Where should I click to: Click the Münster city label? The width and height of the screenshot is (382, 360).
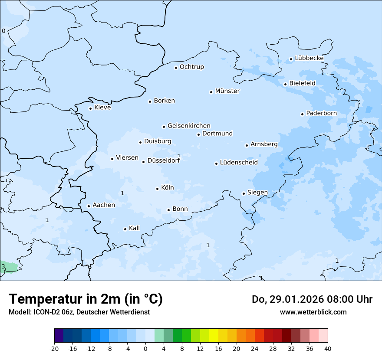click(227, 91)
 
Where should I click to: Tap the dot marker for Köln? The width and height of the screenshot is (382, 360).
click(157, 189)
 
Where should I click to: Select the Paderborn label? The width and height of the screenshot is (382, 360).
click(321, 113)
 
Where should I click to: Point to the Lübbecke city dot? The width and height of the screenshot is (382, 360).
click(291, 59)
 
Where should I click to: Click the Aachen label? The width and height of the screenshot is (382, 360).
click(104, 205)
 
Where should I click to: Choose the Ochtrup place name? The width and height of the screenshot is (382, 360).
click(191, 67)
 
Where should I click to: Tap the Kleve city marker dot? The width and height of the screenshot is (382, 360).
click(90, 108)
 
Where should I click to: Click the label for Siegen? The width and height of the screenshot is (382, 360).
click(257, 193)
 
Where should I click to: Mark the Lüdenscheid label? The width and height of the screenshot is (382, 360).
click(239, 163)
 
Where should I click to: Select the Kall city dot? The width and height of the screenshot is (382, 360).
click(125, 229)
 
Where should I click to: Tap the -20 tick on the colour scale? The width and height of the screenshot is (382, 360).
click(54, 348)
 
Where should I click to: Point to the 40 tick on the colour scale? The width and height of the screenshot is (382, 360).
click(328, 348)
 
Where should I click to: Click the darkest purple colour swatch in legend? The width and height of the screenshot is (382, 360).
click(59, 335)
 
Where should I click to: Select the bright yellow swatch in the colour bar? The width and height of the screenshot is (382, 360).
click(214, 335)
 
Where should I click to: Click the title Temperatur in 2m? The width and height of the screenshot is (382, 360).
click(86, 299)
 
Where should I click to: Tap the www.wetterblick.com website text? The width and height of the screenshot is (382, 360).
click(313, 312)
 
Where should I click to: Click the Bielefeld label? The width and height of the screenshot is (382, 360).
click(302, 83)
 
